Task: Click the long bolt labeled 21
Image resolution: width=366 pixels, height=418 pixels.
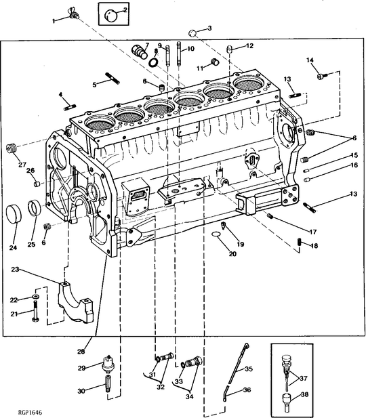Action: (x=33, y=314)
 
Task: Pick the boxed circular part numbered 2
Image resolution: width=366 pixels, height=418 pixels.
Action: (x=113, y=12)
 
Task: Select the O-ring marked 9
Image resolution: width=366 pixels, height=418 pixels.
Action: (x=155, y=62)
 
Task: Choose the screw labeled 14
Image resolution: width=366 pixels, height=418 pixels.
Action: (x=323, y=76)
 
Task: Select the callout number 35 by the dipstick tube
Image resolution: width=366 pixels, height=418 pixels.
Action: (x=248, y=369)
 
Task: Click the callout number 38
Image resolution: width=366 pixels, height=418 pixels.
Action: (x=304, y=394)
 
